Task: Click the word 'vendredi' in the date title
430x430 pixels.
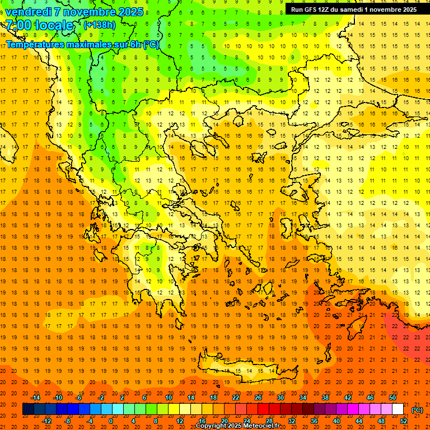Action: pos(28,12)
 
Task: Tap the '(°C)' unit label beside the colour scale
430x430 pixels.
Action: pos(417,410)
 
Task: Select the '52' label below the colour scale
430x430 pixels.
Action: pos(404,421)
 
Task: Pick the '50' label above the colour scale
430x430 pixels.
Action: pos(392,398)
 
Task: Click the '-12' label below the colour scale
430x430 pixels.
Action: pos(46,421)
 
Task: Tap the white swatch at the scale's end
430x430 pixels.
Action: pos(398,409)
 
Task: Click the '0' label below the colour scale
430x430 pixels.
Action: pos(111,421)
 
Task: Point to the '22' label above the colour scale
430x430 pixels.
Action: pos(236,398)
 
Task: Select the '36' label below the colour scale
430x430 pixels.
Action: pos(314,421)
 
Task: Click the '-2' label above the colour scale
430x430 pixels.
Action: pos(101,398)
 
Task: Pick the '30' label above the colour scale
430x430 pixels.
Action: pos(281,398)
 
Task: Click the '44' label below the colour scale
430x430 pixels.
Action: pos(359,421)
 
